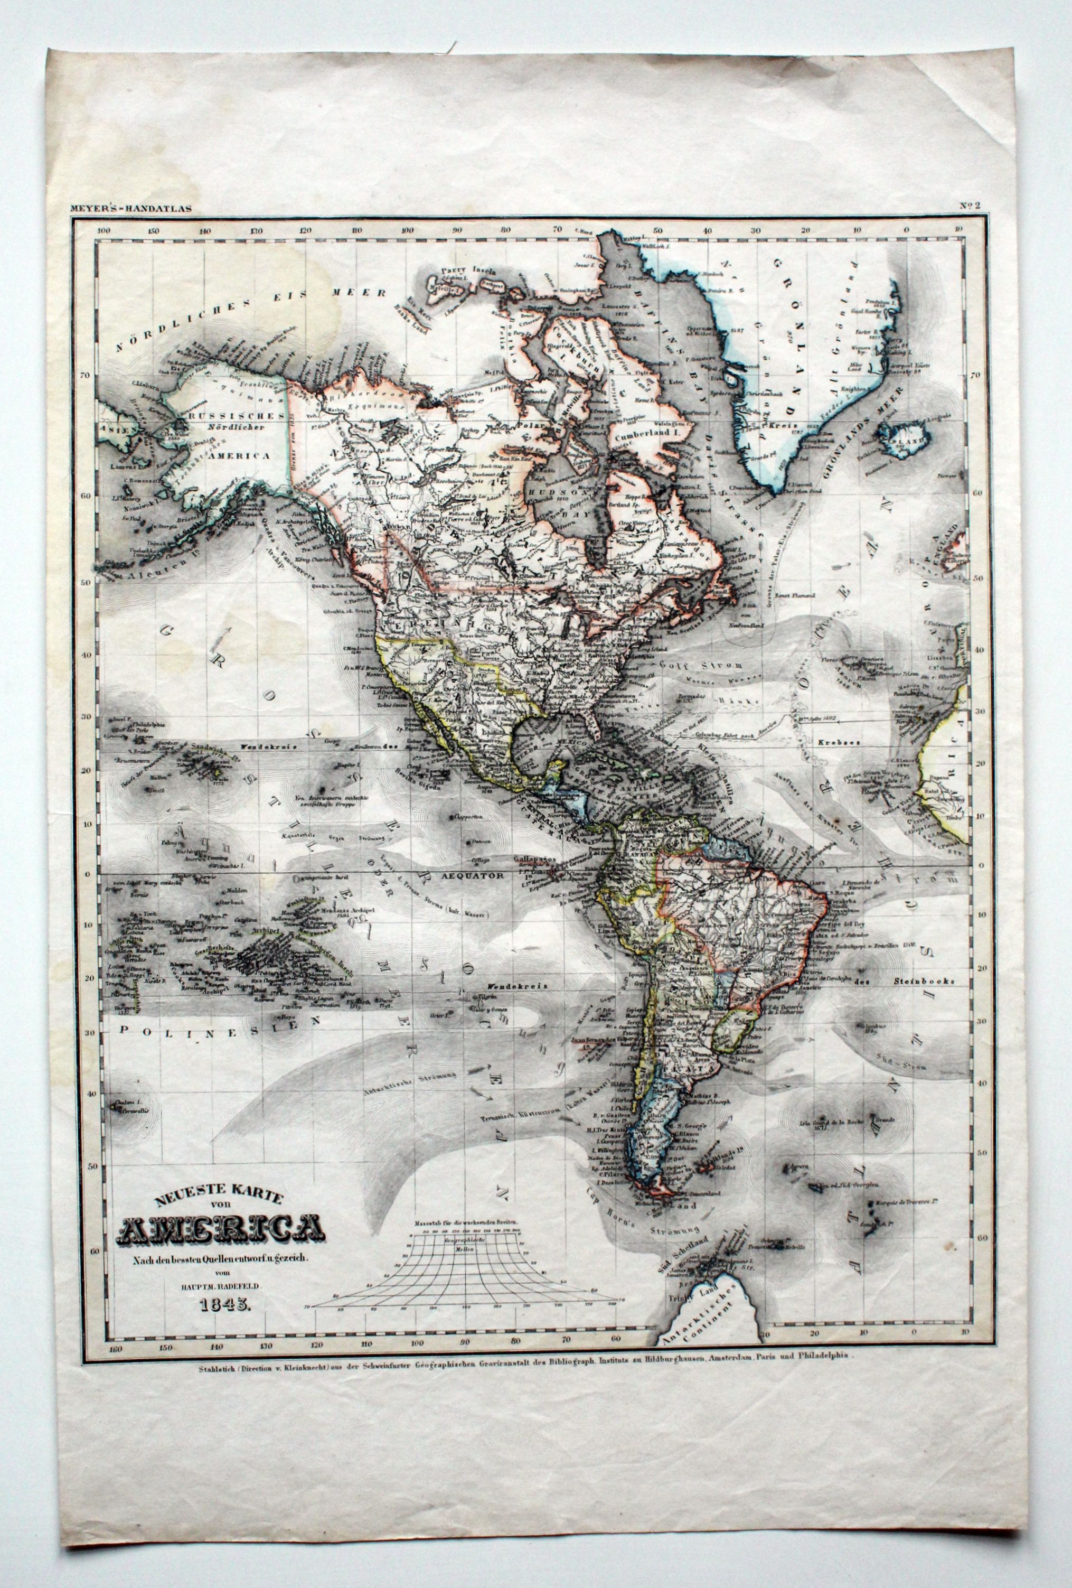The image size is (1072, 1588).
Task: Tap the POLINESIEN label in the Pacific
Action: (x=210, y=1022)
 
